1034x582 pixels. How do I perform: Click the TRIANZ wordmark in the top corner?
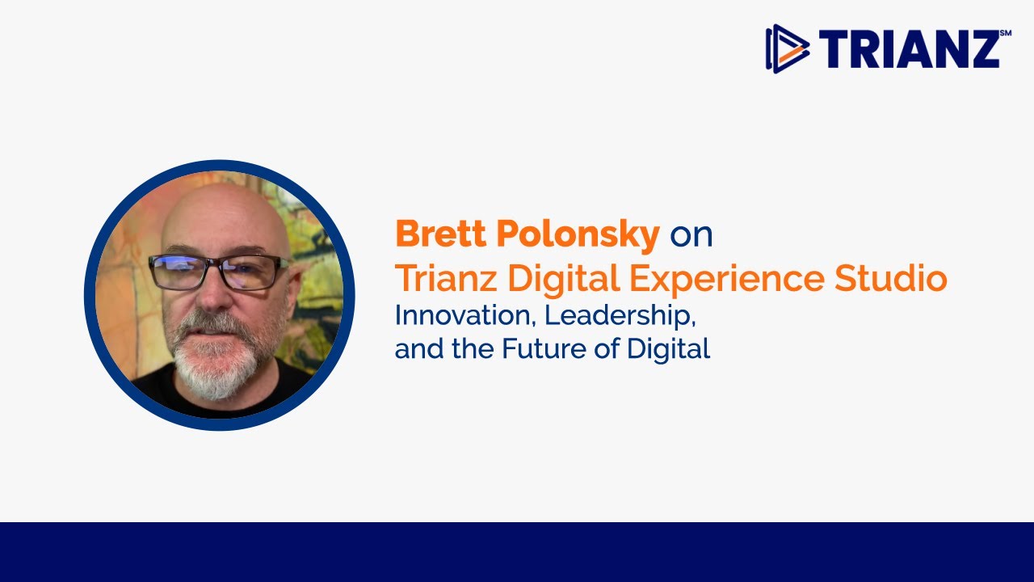[x=909, y=49]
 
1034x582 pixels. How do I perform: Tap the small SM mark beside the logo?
[x=1005, y=33]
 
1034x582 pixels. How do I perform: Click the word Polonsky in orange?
[x=578, y=234]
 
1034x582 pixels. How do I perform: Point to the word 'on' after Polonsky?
[x=691, y=235]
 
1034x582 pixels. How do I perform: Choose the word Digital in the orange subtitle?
[x=563, y=280]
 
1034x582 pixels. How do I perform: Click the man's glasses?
[x=218, y=272]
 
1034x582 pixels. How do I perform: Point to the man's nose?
[x=213, y=295]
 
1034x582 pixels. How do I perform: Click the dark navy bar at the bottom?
[x=517, y=552]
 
